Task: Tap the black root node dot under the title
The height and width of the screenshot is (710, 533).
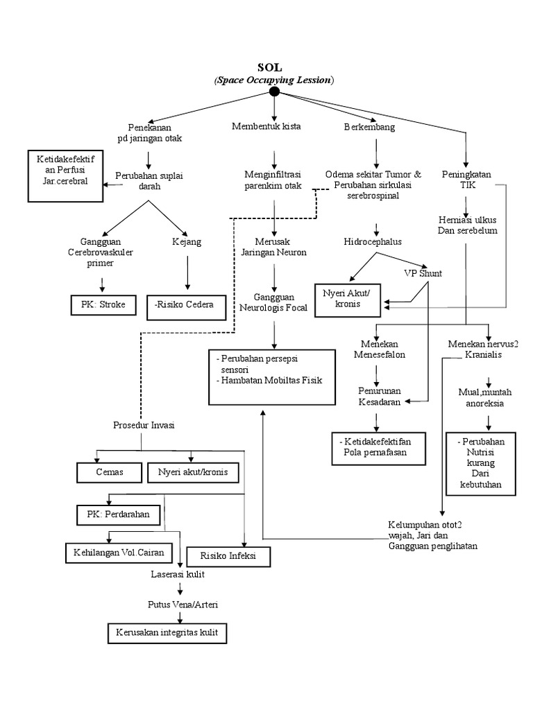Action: coord(274,92)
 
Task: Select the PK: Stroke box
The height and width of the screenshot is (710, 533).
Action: coord(103,304)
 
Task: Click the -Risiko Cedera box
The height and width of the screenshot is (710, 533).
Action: coord(187,305)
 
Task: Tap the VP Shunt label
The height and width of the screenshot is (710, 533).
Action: coord(423,272)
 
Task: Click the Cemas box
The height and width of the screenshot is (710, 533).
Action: coord(109,472)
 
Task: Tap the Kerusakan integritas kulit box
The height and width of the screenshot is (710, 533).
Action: coord(167,632)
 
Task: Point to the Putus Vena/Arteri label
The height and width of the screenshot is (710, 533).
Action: coord(182,605)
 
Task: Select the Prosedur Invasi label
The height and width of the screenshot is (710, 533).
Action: coord(143,425)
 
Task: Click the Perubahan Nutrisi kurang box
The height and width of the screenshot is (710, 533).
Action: coord(481,464)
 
